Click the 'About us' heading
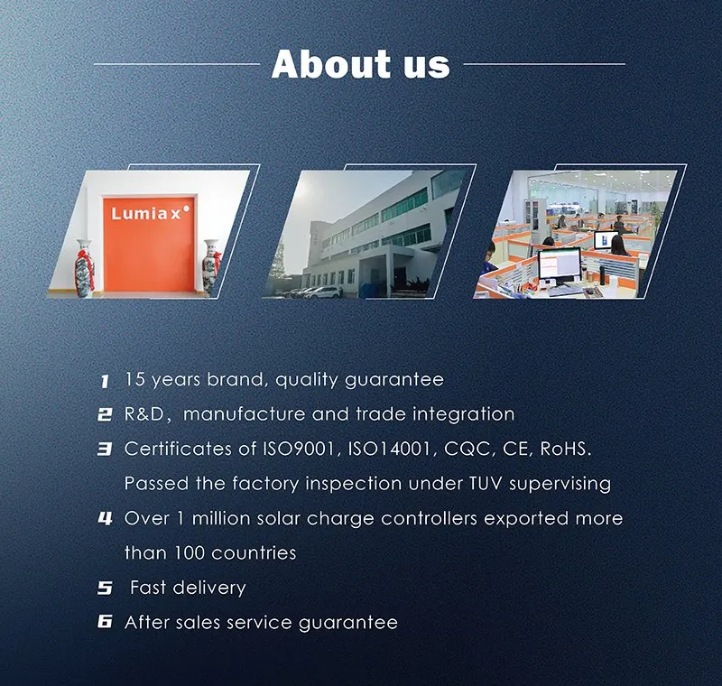point(360,64)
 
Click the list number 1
point(105,381)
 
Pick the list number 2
point(105,415)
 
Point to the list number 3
point(105,450)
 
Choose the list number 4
point(105,519)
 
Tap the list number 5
point(105,589)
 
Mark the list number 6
point(105,623)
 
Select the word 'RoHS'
point(559,449)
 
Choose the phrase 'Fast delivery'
point(188,588)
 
